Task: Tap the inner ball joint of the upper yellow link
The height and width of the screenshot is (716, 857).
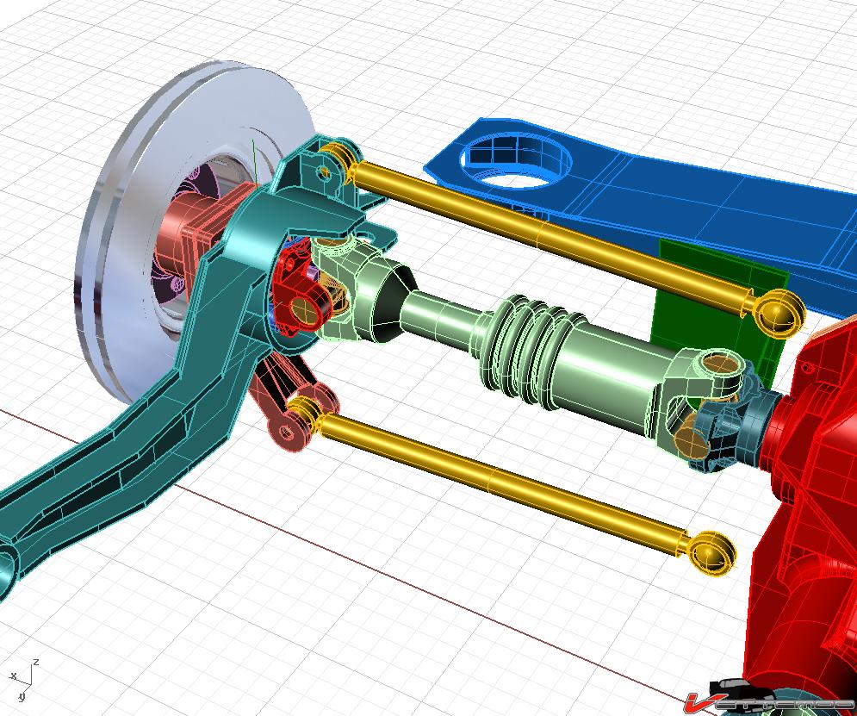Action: pos(779,311)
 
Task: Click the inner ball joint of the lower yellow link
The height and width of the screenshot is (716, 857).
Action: pos(712,551)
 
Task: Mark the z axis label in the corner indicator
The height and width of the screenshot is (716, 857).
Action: pos(35,663)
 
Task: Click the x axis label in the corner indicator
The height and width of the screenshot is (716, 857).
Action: pos(13,676)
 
